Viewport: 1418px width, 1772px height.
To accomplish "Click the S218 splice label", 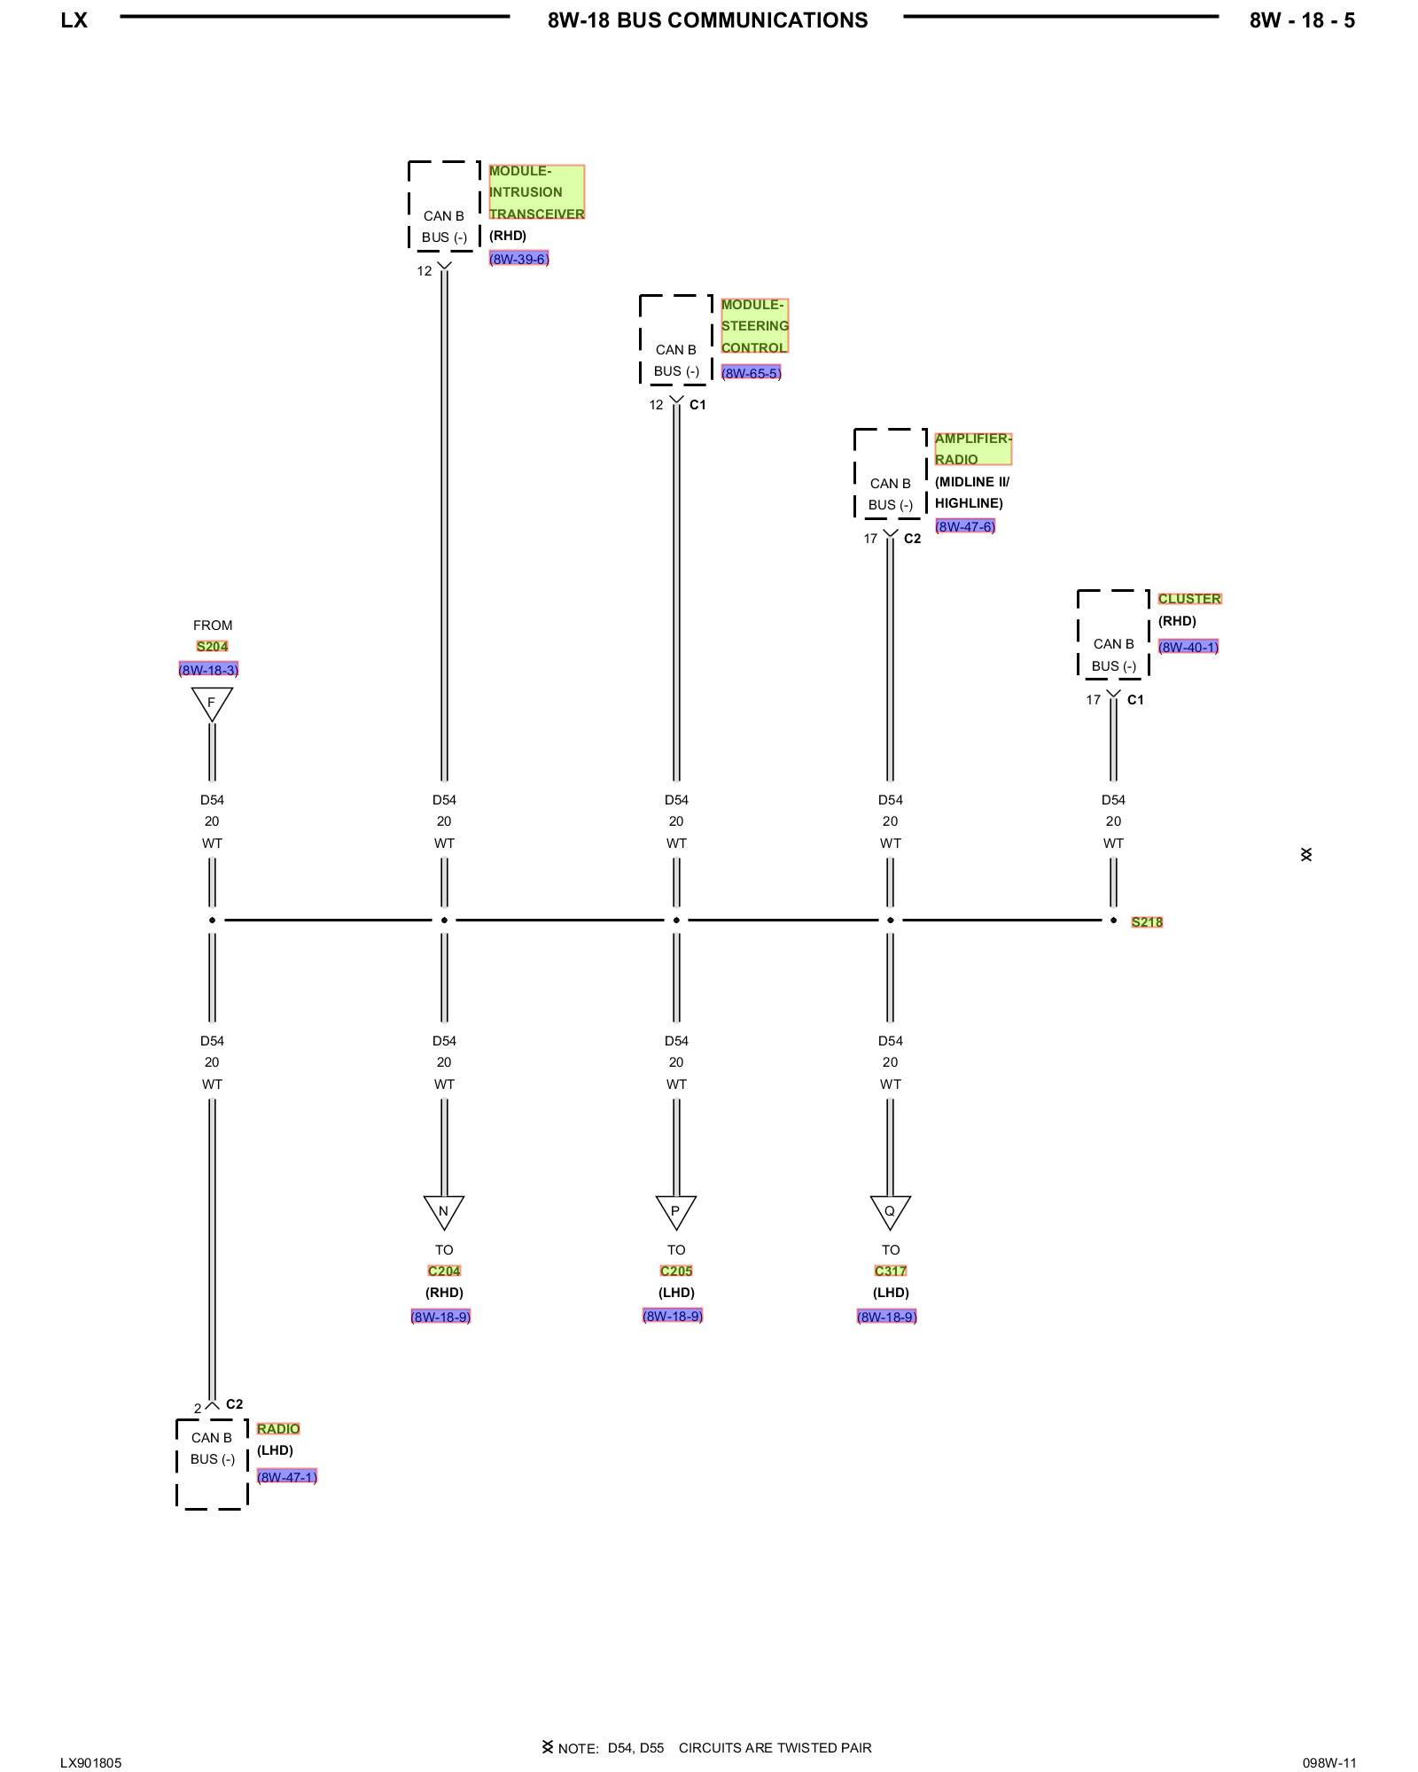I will pos(1147,922).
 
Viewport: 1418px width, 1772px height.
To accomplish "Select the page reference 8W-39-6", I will pos(518,259).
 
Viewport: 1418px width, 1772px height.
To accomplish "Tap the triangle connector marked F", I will pos(212,703).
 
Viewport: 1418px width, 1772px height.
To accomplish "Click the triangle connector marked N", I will pos(444,1210).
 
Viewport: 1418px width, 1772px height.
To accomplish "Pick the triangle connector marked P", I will pos(675,1210).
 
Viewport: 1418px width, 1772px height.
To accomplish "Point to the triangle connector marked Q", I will pos(890,1210).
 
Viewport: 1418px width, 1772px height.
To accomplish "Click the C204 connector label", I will pos(444,1271).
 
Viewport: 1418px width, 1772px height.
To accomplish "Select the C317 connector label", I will pos(891,1271).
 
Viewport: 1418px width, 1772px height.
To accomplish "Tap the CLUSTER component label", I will pos(1189,599).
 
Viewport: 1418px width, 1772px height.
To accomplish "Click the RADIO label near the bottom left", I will pos(278,1428).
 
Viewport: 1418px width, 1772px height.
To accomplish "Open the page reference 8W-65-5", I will pos(751,373).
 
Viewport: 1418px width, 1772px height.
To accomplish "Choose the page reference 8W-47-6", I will pos(965,526).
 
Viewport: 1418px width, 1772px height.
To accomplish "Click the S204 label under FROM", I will pos(212,646).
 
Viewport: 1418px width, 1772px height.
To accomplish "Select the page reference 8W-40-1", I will pos(1188,647).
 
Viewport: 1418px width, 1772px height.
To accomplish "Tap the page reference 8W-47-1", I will pos(287,1476).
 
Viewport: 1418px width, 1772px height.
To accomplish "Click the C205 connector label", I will pos(676,1271).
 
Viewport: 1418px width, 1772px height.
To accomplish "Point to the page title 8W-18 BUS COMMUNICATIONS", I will pos(707,20).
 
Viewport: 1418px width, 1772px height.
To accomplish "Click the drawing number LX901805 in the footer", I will pos(91,1762).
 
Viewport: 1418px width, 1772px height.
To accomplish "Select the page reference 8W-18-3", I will pos(208,670).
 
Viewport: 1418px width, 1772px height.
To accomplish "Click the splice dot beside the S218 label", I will pos(1113,921).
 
